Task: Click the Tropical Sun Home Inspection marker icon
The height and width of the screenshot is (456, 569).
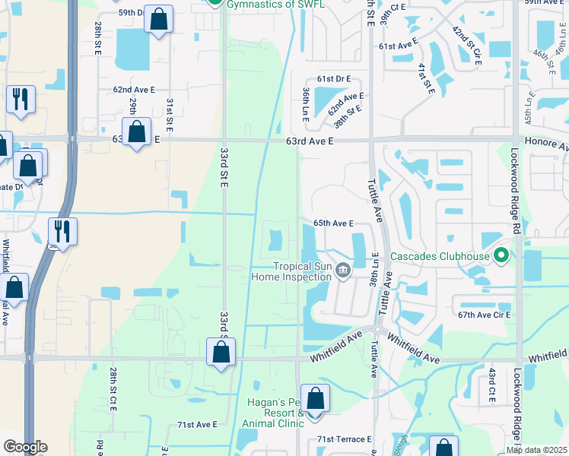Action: (343, 270)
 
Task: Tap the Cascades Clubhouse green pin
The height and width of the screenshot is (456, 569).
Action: (501, 255)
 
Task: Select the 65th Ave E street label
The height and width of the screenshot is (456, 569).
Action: (334, 223)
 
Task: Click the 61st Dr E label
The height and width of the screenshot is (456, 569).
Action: (334, 79)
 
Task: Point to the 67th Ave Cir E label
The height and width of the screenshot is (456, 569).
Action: (484, 315)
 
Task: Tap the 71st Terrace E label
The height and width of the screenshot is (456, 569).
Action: (345, 439)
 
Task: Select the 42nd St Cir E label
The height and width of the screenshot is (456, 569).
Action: (466, 46)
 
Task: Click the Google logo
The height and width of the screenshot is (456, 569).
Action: (25, 447)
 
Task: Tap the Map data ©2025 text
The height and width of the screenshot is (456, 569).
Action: (536, 450)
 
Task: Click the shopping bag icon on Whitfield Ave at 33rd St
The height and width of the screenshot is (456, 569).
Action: (221, 352)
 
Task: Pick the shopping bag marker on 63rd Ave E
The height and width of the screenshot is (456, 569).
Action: (136, 131)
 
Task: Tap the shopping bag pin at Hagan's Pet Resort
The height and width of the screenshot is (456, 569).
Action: (316, 397)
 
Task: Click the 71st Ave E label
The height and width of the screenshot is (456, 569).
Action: (197, 424)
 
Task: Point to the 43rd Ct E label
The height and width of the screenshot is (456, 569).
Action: (492, 386)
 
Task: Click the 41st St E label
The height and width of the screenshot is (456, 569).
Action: (425, 79)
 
